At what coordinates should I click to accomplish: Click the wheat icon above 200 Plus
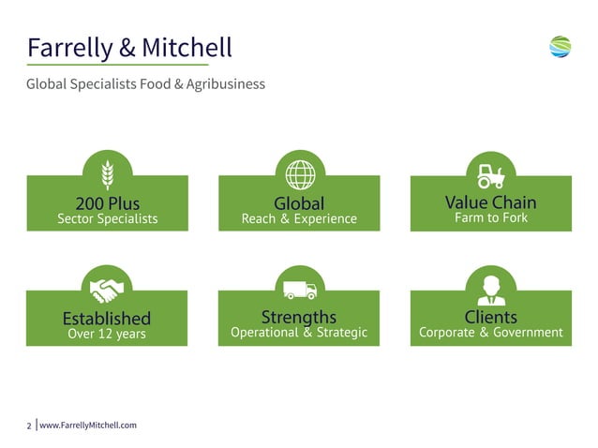coord(107,174)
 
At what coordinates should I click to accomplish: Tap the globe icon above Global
coord(299,174)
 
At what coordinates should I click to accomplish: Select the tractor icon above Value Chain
coord(490,174)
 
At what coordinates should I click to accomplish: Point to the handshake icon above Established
coord(107,288)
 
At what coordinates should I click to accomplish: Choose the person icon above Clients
coord(490,288)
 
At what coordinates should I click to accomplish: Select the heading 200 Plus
coord(107,202)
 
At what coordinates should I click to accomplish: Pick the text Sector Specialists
coord(107,219)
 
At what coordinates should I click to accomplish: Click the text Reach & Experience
coord(299,219)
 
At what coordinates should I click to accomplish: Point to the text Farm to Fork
coord(490,218)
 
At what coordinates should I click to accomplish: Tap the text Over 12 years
coord(107,334)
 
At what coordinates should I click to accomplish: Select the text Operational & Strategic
coord(299,333)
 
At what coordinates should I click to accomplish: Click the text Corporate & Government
coord(490,333)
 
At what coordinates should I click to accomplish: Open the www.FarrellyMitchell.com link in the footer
coord(88,426)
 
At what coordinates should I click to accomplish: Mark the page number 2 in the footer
coord(29,426)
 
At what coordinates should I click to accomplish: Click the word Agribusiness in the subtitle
coord(225,84)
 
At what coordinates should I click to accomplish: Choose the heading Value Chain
coord(490,202)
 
